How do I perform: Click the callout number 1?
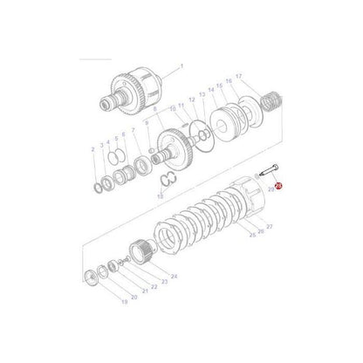181,65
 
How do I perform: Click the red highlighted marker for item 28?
278,186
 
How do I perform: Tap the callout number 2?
92,150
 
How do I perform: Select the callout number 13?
202,93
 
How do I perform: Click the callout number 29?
271,189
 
